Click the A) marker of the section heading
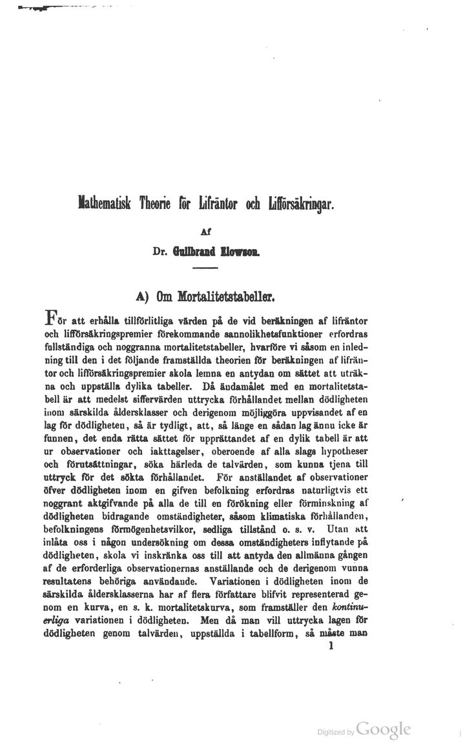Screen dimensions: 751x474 coord(144,295)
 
